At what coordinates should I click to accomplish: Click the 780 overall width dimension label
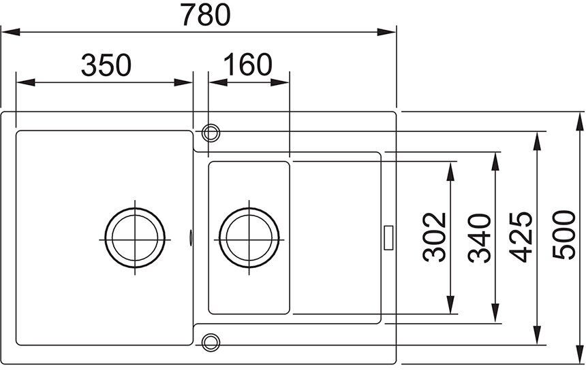[x=205, y=14]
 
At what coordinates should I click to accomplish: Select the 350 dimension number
[x=106, y=65]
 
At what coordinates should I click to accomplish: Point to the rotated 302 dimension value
[x=435, y=237]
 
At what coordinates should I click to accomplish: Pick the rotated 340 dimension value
[x=480, y=238]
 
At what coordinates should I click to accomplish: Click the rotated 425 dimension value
[x=521, y=237]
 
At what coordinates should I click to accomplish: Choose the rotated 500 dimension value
[x=564, y=235]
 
